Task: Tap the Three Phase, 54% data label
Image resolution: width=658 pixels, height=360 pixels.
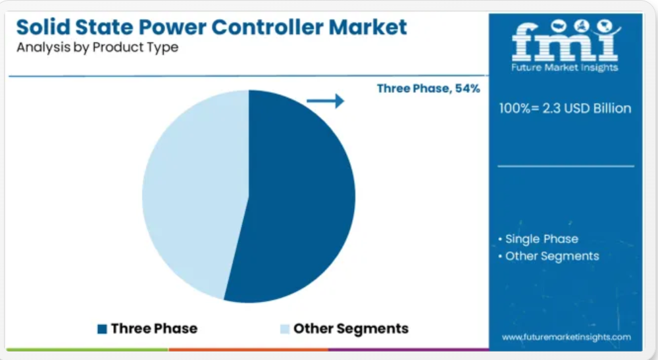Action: point(428,89)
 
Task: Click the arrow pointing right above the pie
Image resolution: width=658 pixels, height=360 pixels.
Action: point(325,101)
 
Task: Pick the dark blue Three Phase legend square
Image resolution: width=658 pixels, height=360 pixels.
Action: point(102,329)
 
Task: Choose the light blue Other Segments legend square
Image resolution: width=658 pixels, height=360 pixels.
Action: point(285,329)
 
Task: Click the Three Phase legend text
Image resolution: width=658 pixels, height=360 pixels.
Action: point(154,328)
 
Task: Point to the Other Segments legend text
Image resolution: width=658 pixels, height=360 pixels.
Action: point(351,328)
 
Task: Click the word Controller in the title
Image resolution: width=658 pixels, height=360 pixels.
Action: point(267,27)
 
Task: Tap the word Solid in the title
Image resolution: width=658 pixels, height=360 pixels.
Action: point(43,27)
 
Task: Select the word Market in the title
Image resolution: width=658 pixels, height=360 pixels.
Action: point(368,27)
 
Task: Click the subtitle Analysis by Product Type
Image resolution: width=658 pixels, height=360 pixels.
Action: point(97,47)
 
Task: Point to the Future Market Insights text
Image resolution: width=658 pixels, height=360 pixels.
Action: point(565,68)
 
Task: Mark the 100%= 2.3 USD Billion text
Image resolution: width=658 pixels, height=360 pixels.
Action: point(565,108)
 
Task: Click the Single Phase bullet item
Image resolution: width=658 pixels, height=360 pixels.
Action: point(538,239)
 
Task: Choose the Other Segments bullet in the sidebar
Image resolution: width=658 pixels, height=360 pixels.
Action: point(549,257)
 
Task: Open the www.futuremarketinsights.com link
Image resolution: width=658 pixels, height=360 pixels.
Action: point(566,337)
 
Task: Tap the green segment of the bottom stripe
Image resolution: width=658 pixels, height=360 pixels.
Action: point(88,349)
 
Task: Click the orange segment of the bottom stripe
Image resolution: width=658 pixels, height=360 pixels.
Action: point(249,349)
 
